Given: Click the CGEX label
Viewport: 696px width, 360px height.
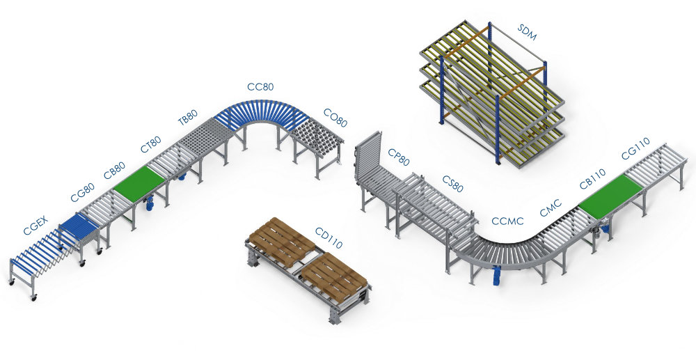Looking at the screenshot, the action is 36,225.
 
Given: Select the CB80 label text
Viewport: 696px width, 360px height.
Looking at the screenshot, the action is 115,171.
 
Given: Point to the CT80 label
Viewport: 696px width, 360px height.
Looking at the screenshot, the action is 151,145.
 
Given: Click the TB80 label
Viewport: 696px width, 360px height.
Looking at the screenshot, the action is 188,119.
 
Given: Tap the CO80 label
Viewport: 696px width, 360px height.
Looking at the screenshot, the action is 335,118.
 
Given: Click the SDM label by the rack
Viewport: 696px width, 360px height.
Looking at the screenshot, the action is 527,32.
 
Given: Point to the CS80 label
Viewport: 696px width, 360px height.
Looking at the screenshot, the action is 453,184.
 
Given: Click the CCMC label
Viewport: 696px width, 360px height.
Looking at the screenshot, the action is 507,221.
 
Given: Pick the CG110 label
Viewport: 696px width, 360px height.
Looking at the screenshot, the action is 635,148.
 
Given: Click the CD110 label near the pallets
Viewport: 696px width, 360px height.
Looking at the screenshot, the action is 329,238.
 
